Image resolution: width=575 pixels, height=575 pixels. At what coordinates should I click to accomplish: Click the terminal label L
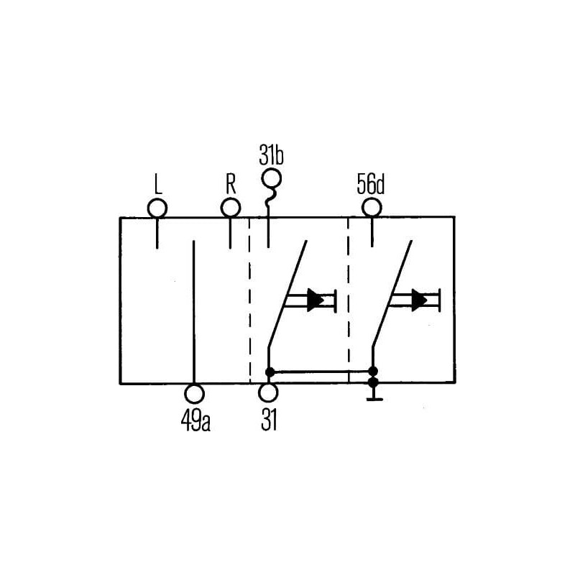click(157, 185)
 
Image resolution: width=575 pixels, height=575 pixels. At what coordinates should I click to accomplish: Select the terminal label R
click(230, 185)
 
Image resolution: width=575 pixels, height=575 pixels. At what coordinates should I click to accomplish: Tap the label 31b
click(272, 155)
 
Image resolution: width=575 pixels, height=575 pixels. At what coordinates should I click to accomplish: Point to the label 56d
click(371, 185)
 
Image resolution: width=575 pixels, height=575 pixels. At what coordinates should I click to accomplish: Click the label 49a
click(195, 420)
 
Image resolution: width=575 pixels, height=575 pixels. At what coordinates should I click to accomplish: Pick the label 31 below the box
click(269, 420)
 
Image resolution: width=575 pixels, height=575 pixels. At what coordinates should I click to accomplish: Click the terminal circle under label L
click(157, 208)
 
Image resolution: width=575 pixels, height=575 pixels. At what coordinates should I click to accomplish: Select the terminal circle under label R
click(230, 208)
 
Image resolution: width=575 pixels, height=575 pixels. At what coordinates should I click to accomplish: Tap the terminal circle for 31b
click(272, 178)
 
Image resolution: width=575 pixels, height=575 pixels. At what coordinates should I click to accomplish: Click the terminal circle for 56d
click(371, 208)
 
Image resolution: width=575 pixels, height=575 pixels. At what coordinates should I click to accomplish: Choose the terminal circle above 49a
click(195, 394)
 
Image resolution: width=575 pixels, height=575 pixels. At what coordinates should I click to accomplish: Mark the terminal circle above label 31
click(269, 394)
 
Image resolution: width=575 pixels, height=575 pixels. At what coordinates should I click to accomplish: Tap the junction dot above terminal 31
click(270, 372)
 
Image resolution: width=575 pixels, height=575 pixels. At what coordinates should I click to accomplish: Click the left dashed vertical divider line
click(249, 302)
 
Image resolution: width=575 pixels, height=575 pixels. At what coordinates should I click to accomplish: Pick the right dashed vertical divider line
click(349, 302)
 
